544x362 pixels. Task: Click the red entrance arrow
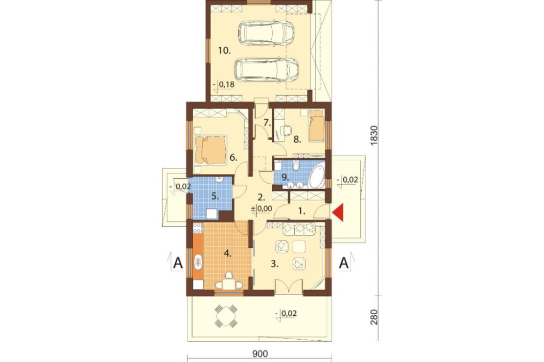pos(338,212)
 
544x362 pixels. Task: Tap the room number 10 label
pos(225,51)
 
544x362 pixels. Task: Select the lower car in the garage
pos(267,70)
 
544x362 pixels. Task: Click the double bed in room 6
pos(211,149)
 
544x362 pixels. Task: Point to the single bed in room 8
pos(316,126)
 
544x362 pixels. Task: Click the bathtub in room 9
pos(317,176)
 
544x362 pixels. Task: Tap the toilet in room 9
pos(295,166)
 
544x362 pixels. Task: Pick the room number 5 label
pos(215,196)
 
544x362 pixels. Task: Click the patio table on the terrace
pos(226,316)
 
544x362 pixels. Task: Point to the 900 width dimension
pos(260,354)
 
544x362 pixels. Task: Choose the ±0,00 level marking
pos(261,209)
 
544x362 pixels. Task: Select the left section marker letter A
pos(178,263)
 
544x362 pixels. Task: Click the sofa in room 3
pos(299,229)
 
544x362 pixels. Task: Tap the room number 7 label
pos(267,122)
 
